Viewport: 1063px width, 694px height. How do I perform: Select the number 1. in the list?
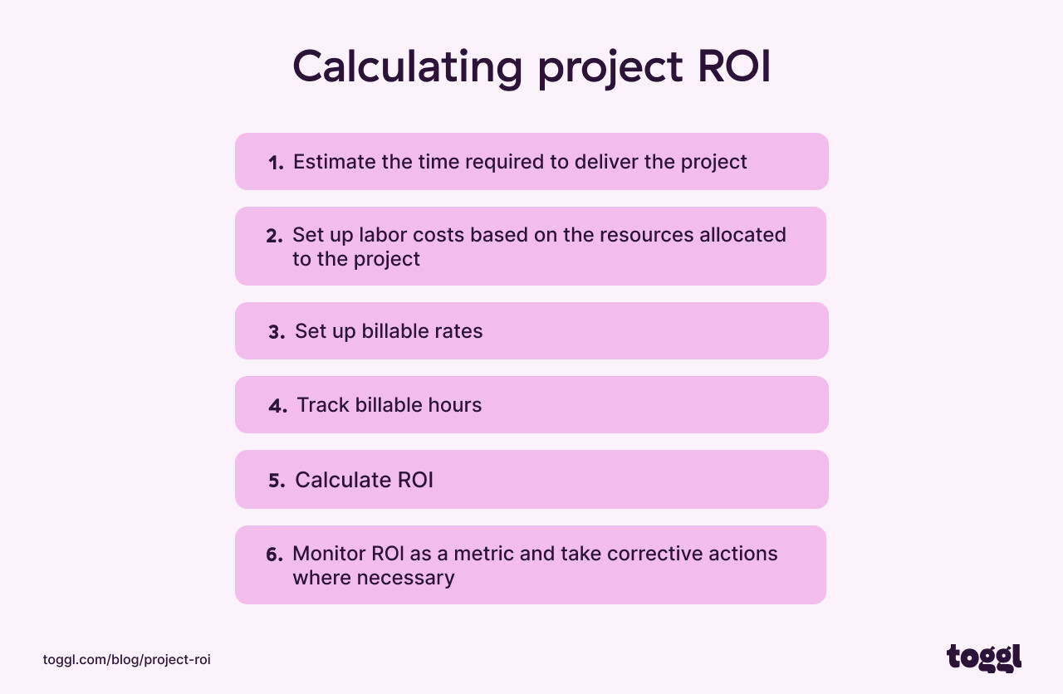276,163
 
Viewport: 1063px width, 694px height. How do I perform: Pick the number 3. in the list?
277,332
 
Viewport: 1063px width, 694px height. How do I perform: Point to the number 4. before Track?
277,406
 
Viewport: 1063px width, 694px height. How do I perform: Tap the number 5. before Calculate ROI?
277,481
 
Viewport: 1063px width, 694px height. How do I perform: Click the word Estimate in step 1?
334,162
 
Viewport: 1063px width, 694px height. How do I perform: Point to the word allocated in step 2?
741,235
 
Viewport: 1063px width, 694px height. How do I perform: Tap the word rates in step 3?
458,331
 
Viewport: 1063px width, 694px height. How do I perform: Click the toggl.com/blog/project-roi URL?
127,660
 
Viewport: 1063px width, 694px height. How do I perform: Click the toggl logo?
984,657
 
